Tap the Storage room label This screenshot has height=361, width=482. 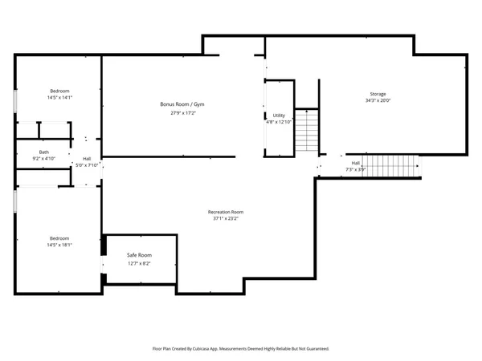(377, 94)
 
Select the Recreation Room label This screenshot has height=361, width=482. (226, 212)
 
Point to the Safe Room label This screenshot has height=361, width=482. (139, 255)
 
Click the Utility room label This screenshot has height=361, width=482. (279, 116)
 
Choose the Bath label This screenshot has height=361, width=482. (44, 152)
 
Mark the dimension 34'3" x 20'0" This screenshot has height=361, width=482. (377, 101)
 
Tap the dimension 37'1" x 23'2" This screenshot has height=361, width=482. (226, 218)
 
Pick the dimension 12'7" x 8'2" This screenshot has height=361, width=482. (139, 262)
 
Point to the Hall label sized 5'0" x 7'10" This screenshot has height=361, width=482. (87, 159)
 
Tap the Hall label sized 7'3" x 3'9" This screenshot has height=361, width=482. (355, 164)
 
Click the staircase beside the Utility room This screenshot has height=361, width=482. (306, 132)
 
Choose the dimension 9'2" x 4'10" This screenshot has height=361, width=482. (44, 159)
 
